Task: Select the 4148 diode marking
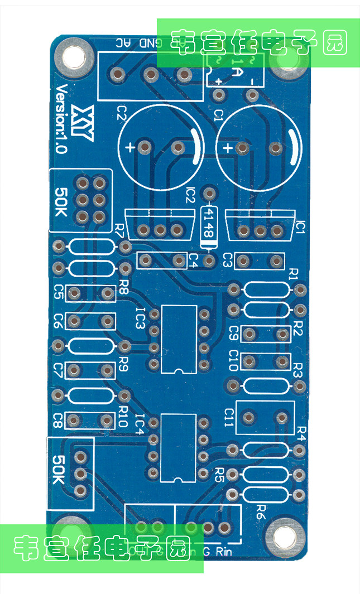(x=209, y=221)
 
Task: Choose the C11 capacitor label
(x=229, y=416)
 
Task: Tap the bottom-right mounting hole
(x=283, y=539)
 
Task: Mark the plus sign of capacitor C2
(x=130, y=148)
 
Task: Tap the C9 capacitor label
(x=234, y=334)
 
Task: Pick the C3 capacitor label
(x=228, y=260)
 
